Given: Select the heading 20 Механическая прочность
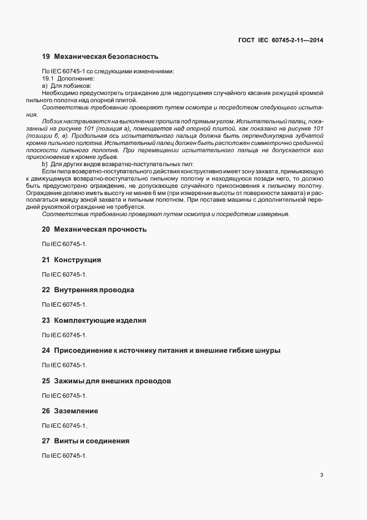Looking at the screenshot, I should (94, 229).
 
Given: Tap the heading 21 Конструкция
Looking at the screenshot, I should (72, 259).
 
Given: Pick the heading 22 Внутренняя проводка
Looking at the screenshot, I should (88, 290).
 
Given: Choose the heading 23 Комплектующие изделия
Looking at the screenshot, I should (94, 321).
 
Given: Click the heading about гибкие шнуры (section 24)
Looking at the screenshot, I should (162, 351).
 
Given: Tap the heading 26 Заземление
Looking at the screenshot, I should (71, 411).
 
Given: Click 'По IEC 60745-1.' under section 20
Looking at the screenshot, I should (65, 244).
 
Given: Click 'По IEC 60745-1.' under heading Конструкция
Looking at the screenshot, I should (65, 274).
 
